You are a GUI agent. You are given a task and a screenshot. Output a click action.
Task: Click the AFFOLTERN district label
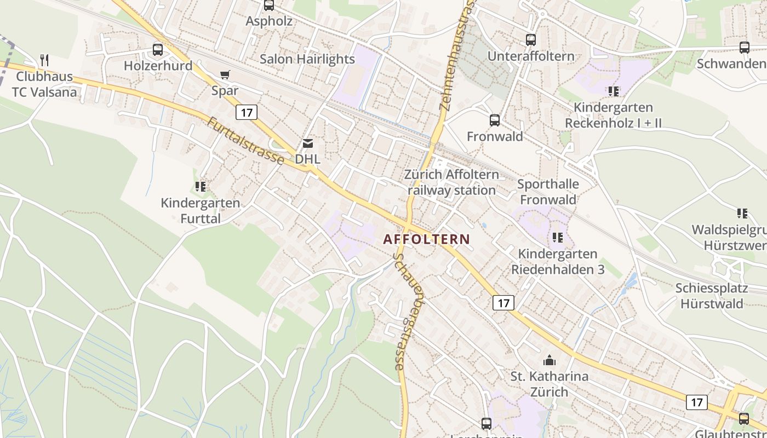click(x=426, y=239)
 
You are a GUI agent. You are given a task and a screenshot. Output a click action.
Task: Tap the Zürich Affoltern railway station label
click(x=451, y=182)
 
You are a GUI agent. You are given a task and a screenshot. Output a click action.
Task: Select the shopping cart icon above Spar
click(x=225, y=74)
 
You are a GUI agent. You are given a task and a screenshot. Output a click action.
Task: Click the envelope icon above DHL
click(x=307, y=143)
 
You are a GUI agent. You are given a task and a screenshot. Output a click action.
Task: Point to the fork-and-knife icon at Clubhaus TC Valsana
click(x=44, y=60)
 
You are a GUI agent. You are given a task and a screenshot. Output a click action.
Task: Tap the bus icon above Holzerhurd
click(x=158, y=50)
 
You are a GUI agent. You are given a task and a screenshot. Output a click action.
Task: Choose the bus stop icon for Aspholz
click(x=268, y=5)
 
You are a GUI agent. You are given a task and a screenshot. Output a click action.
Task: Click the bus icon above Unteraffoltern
click(x=530, y=40)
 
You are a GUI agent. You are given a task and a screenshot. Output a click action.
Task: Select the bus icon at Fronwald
click(x=494, y=120)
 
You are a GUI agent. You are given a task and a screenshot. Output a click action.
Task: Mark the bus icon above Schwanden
click(x=744, y=48)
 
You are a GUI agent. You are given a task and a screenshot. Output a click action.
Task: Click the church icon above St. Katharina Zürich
click(x=548, y=360)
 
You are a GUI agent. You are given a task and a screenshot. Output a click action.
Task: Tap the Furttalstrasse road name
click(x=245, y=141)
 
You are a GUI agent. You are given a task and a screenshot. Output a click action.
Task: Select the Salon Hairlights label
click(x=307, y=59)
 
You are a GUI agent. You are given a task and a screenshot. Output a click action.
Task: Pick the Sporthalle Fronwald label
click(x=547, y=192)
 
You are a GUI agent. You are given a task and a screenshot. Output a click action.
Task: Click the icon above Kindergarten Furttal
click(x=201, y=187)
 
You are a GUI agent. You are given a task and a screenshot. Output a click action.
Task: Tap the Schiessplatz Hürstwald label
click(x=709, y=296)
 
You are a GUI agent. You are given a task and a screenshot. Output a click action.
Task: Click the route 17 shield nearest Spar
click(x=246, y=113)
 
